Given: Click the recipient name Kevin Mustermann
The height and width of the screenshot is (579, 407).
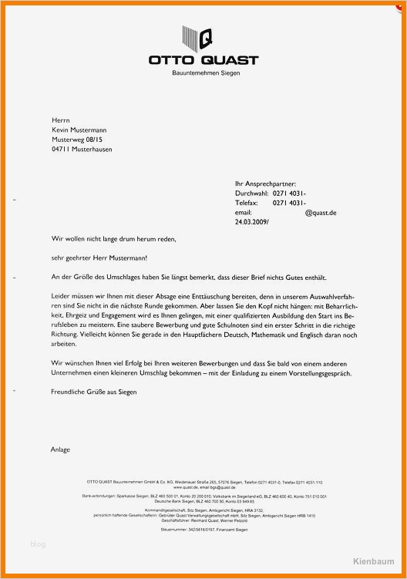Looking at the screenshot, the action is tap(81, 130).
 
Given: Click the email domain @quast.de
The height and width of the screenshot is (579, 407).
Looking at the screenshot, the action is tap(321, 212).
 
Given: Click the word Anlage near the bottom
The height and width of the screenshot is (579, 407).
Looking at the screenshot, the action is tap(60, 449).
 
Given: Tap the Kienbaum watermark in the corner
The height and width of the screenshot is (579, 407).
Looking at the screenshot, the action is tap(375, 560).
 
